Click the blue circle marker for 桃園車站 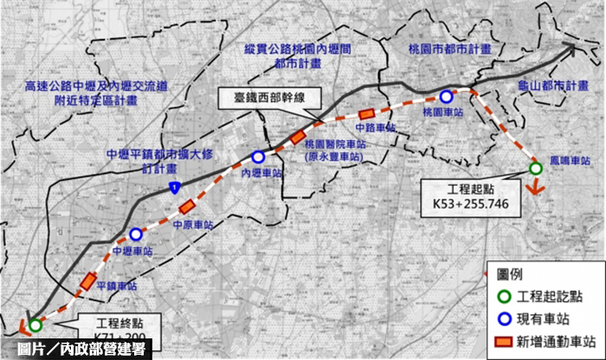tap(446, 97)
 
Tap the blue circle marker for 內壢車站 tap(259, 157)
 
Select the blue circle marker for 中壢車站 tap(135, 235)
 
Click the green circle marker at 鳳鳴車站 tap(534, 168)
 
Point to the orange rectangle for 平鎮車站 tap(88, 281)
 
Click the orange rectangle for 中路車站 tap(367, 113)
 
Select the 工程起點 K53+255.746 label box tap(467, 196)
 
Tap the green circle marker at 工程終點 tap(35, 325)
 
